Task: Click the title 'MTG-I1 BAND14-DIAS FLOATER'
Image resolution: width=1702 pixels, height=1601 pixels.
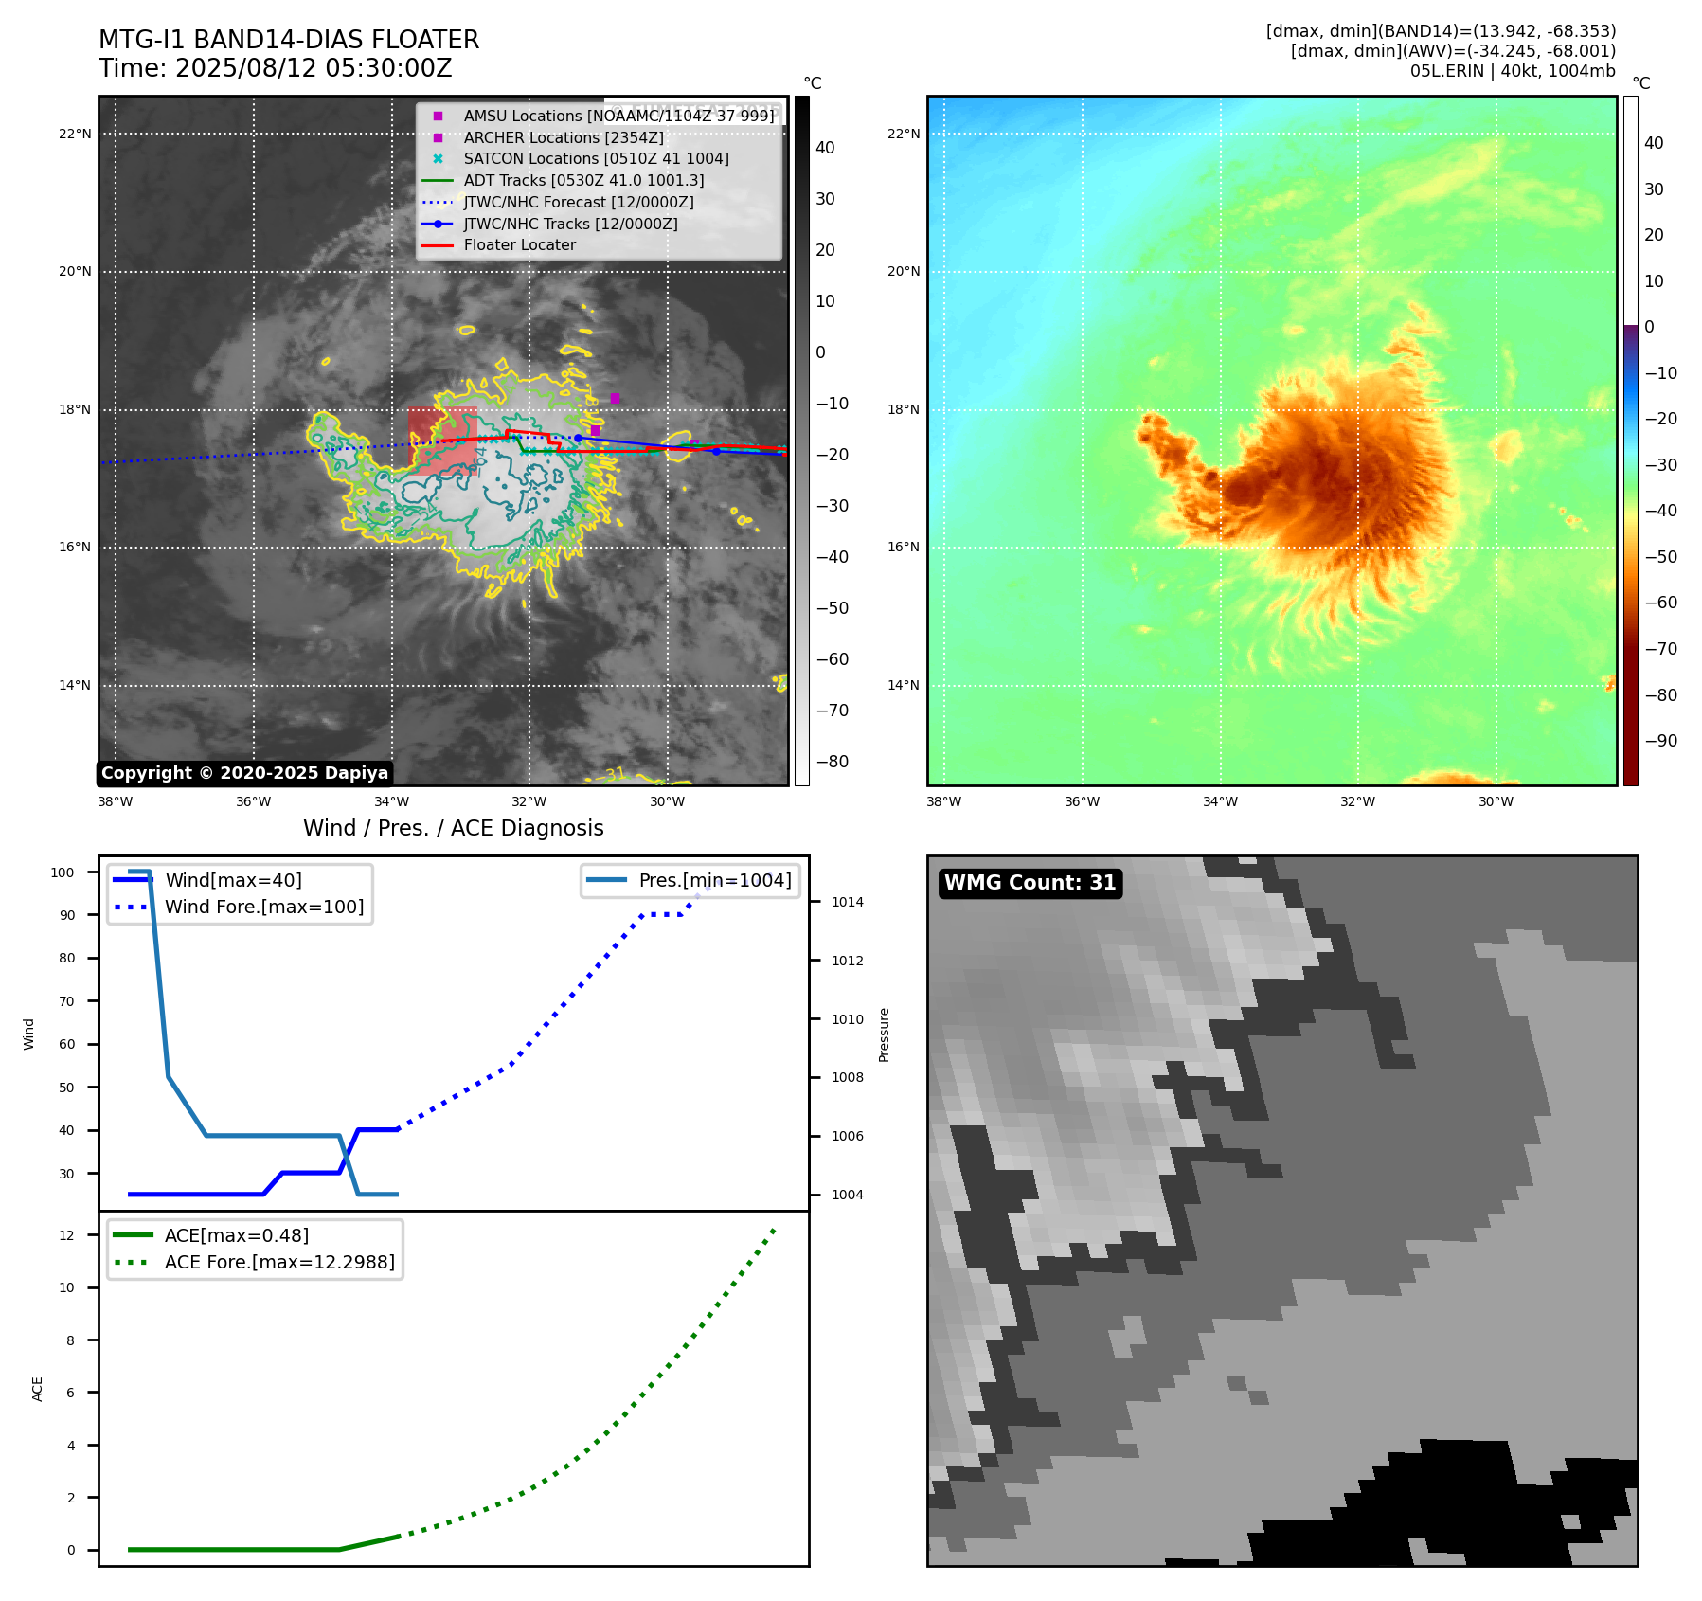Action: point(289,40)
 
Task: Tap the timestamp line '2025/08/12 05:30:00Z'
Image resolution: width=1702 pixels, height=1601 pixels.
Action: point(314,69)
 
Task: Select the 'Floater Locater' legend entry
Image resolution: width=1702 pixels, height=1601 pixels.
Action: point(519,245)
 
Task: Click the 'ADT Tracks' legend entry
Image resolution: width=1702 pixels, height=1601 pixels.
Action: point(583,181)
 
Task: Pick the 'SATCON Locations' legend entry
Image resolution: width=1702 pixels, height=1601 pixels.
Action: point(596,159)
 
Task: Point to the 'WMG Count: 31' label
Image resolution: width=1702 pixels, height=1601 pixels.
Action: point(1030,883)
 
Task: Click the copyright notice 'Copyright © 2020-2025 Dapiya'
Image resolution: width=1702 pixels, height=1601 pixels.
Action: point(244,773)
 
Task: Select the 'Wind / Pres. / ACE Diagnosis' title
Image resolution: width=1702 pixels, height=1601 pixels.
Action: point(453,829)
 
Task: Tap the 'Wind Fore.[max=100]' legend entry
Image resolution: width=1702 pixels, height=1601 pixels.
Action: point(264,908)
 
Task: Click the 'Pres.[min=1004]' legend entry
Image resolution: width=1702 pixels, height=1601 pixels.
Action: point(714,881)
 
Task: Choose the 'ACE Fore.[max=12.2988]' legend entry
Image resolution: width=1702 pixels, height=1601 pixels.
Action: point(279,1263)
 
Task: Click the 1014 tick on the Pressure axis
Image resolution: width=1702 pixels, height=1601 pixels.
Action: point(847,903)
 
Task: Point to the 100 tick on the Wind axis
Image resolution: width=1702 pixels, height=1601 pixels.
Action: point(63,873)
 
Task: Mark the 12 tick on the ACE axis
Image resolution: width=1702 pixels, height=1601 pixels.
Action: point(66,1235)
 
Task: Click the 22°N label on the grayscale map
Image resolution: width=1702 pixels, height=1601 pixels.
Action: point(75,135)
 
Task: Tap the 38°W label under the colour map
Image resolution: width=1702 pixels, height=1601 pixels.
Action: point(943,802)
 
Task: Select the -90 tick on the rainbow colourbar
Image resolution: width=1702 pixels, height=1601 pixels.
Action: point(1660,741)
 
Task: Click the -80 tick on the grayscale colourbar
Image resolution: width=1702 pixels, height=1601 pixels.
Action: point(833,762)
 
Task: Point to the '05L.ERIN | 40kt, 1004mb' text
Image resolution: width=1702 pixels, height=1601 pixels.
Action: point(1513,71)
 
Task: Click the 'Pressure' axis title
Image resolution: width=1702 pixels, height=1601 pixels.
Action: point(885,1034)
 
